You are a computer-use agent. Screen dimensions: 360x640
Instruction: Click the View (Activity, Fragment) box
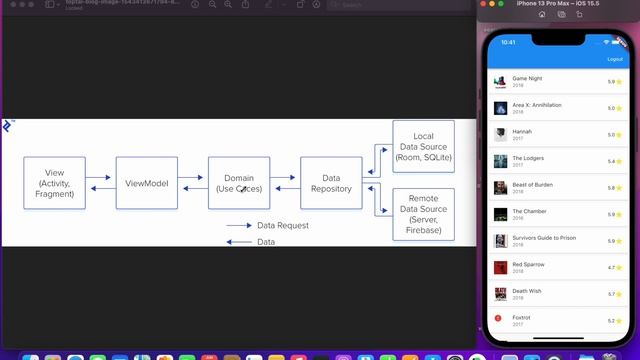[x=55, y=182]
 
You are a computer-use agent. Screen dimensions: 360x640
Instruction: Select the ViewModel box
[x=147, y=182]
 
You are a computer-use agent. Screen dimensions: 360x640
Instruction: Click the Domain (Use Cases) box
[x=239, y=182]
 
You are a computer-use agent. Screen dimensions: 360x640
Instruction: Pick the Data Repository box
[x=331, y=182]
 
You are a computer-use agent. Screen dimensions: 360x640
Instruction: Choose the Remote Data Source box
[x=423, y=214]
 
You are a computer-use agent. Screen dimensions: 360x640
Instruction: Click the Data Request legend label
[x=283, y=226]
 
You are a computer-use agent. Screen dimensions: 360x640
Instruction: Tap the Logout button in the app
[x=614, y=59]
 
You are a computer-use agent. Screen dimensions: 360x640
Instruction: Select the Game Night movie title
[x=527, y=78]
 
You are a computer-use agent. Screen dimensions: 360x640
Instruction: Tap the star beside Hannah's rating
[x=619, y=135]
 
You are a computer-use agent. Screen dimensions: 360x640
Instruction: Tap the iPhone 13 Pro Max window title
[x=563, y=4]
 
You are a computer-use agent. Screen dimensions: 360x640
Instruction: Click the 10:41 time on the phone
[x=508, y=42]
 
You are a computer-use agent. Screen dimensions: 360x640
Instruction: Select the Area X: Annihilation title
[x=537, y=105]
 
